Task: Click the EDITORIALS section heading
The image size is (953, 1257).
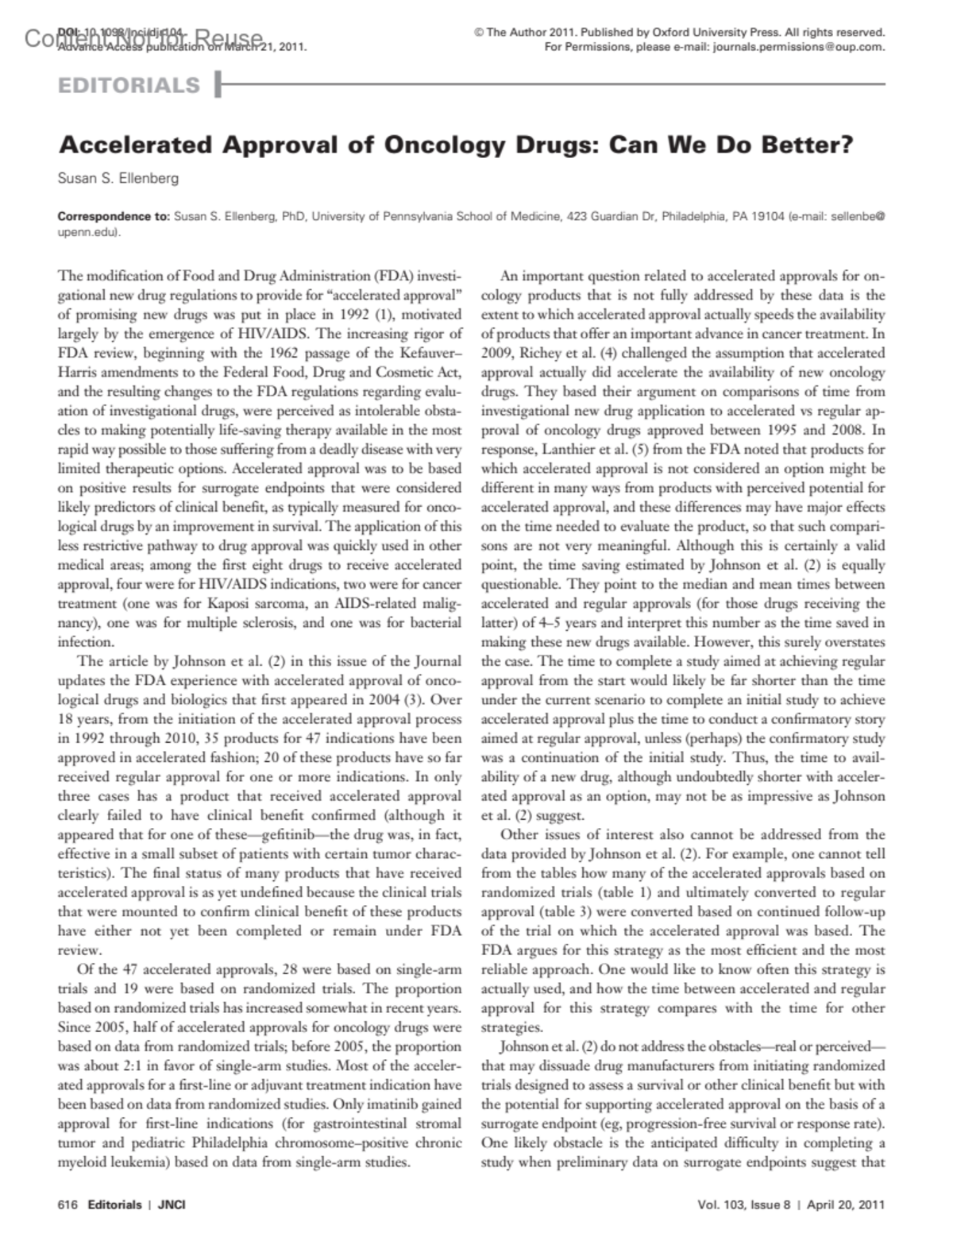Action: (x=129, y=85)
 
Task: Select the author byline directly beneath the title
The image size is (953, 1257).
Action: (x=118, y=178)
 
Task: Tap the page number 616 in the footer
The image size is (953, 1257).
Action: (x=68, y=1205)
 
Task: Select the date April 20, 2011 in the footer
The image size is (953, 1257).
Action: (x=846, y=1205)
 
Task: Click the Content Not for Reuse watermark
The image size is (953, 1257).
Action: (x=144, y=37)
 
